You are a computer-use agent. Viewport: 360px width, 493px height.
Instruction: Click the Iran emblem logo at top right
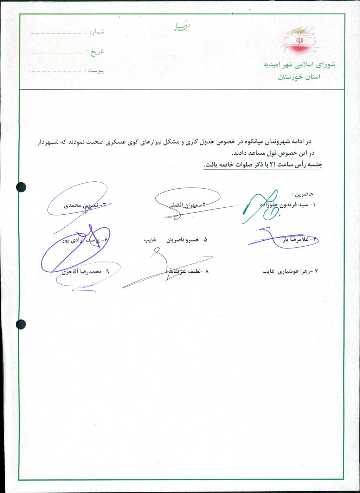300,41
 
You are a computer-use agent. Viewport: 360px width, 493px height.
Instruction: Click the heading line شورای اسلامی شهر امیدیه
299,65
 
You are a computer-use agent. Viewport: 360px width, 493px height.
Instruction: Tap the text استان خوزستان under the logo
299,77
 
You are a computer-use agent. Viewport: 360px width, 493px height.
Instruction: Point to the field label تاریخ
97,52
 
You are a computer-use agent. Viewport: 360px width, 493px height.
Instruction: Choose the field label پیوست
96,71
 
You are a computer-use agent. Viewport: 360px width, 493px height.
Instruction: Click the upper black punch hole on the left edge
21,187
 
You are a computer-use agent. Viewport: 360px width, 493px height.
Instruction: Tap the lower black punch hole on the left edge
21,324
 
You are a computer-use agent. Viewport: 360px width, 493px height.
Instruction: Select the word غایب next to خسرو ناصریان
150,240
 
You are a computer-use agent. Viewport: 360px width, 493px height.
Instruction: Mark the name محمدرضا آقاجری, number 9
83,272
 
